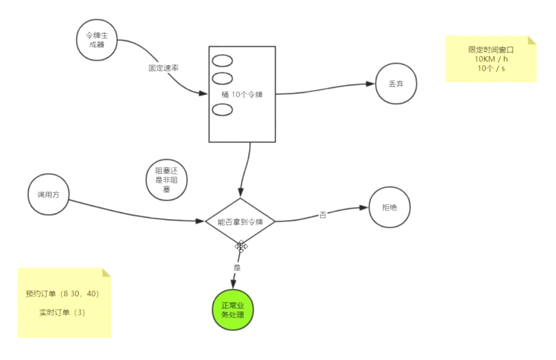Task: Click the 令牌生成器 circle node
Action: (x=97, y=40)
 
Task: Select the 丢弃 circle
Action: (x=396, y=83)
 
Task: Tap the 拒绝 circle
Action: (x=390, y=208)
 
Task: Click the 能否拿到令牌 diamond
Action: (x=240, y=221)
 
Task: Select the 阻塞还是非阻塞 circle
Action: (x=166, y=180)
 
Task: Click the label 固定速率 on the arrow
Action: (x=161, y=68)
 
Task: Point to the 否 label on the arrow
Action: (x=323, y=215)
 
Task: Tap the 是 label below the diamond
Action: (x=237, y=268)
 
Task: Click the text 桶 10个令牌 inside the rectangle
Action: (x=242, y=95)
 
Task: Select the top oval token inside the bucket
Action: (x=222, y=61)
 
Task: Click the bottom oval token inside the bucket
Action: (x=222, y=109)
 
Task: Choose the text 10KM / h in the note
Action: (x=491, y=59)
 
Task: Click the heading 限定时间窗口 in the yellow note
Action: (x=491, y=50)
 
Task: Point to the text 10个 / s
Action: (x=491, y=68)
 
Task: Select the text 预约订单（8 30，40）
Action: (x=62, y=294)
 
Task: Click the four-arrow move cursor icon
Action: (x=241, y=246)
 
